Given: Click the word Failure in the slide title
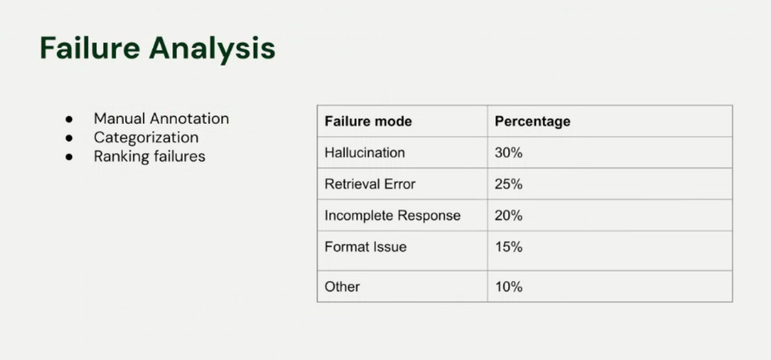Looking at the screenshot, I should coord(90,48).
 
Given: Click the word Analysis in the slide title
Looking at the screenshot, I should coord(212,49).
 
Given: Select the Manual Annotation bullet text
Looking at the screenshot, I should coord(161,119).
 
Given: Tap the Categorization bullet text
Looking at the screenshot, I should coord(146,137).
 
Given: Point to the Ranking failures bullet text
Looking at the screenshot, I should coord(150,156).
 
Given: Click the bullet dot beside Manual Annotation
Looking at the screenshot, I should coord(69,119).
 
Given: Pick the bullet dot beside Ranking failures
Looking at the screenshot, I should coord(69,156).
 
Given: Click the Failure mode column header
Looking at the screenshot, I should coord(368,122).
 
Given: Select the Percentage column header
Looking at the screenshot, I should coord(532,122).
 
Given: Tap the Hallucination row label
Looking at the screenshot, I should coord(364,153).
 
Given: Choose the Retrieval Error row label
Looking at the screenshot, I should coord(370,184).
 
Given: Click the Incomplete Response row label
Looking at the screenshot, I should coord(392,216).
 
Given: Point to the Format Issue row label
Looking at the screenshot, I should coord(365,247).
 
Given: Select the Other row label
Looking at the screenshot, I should coord(342,287).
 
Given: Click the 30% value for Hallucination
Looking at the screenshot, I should coord(509,153).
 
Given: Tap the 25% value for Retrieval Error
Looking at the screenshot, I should coord(509,184).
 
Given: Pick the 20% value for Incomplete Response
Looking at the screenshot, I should coord(509,216).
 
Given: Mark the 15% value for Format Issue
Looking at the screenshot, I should coord(509,247).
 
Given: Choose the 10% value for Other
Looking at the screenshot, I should coord(509,287).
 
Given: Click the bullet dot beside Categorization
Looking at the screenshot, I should coord(69,138).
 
